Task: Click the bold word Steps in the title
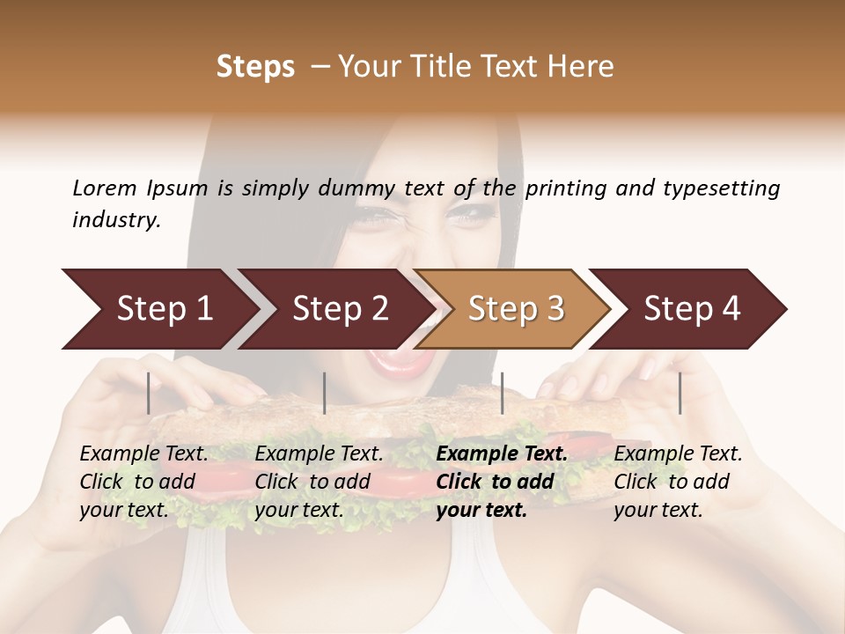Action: [255, 67]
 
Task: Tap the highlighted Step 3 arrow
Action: [516, 309]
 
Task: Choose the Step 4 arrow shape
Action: [692, 309]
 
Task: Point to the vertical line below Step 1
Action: [149, 393]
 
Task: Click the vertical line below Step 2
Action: [325, 393]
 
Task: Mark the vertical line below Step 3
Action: [502, 393]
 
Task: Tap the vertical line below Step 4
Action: [680, 393]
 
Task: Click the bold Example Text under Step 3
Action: [502, 454]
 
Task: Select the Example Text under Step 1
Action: [143, 454]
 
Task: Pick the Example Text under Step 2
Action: [319, 454]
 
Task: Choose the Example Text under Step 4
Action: [678, 454]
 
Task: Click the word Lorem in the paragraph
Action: [104, 188]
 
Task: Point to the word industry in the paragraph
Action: [116, 220]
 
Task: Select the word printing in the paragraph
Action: [562, 188]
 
